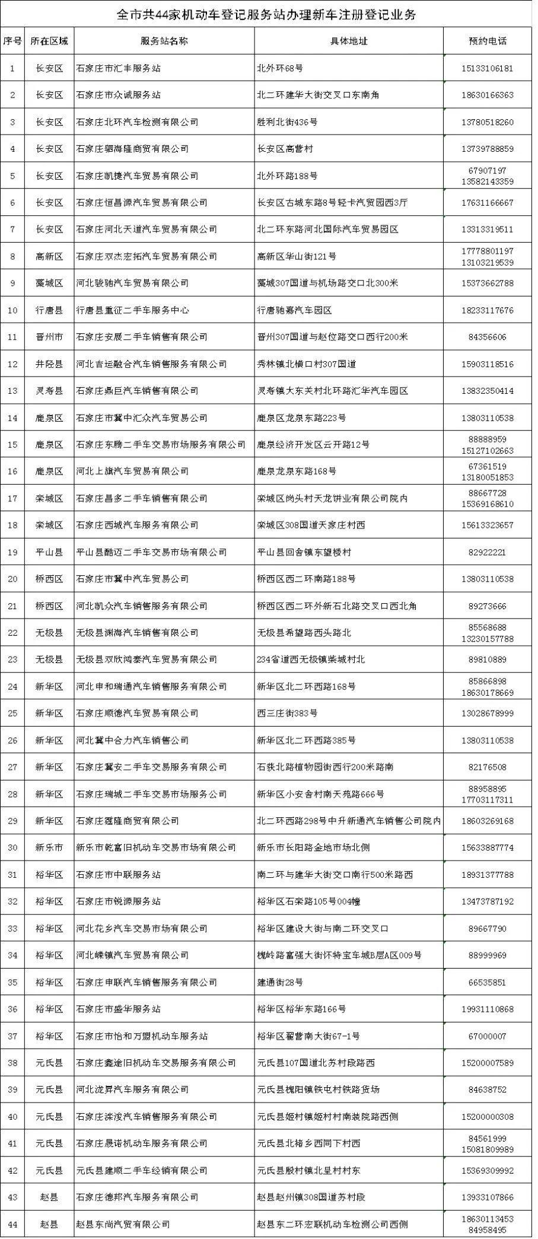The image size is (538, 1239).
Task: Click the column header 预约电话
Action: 487,41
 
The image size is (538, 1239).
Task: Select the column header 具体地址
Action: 349,41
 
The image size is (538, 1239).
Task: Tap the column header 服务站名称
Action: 164,41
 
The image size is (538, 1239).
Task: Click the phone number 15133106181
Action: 487,68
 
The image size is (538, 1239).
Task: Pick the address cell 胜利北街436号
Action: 287,122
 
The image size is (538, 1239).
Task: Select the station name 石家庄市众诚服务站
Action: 119,95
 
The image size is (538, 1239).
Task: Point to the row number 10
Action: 13,310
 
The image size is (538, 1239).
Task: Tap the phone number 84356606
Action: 487,337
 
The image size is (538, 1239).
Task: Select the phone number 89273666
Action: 487,606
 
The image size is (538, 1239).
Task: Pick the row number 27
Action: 13,767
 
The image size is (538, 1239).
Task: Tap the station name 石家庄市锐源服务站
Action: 119,902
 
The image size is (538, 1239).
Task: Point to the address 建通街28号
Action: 280,982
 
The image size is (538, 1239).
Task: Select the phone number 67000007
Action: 487,1036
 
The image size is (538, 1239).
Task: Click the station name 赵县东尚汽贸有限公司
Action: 123,1224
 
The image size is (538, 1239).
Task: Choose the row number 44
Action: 13,1224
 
